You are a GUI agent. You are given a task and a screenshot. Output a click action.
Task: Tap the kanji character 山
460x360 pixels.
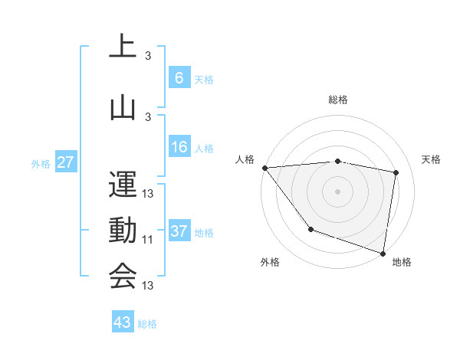point(123,107)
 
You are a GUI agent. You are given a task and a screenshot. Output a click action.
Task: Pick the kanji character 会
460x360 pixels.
point(123,276)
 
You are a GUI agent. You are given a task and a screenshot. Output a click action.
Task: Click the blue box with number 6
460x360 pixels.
point(179,77)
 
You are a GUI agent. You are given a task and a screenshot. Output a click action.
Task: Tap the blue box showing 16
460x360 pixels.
point(179,147)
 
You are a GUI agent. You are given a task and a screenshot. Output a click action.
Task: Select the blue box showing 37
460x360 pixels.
point(179,231)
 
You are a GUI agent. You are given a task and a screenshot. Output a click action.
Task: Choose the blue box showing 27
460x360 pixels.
point(65,162)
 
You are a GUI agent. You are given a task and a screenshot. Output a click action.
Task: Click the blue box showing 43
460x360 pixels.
point(122,322)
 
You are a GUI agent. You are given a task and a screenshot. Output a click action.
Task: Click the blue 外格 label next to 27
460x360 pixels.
point(41,163)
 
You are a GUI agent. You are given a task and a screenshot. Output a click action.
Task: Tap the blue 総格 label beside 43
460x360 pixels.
point(147,323)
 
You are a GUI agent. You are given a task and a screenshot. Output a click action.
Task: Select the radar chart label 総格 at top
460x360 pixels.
point(338,100)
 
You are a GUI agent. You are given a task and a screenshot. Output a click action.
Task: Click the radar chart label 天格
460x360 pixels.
point(431,159)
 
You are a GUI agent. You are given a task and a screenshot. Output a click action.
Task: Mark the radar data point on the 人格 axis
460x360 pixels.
point(264,168)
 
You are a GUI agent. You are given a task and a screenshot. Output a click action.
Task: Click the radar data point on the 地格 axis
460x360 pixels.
point(383,252)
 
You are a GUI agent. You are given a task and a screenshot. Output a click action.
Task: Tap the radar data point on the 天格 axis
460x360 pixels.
point(396,172)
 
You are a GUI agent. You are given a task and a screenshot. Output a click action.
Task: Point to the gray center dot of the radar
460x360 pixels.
point(338,190)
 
